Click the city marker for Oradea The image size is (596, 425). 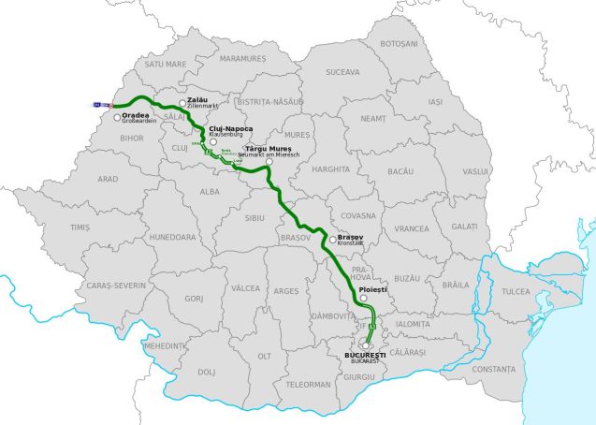click(117, 118)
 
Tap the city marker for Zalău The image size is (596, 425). click(182, 104)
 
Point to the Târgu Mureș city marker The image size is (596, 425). click(269, 162)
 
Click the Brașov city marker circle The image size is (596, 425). click(332, 240)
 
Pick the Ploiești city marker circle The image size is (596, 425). click(364, 299)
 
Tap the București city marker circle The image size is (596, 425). click(366, 345)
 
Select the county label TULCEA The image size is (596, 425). click(515, 292)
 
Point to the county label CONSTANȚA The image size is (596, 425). click(494, 369)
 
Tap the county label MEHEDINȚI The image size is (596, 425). click(165, 345)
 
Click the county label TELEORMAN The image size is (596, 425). click(309, 384)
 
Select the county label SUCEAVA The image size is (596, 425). click(342, 71)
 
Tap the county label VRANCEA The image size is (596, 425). click(412, 228)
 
